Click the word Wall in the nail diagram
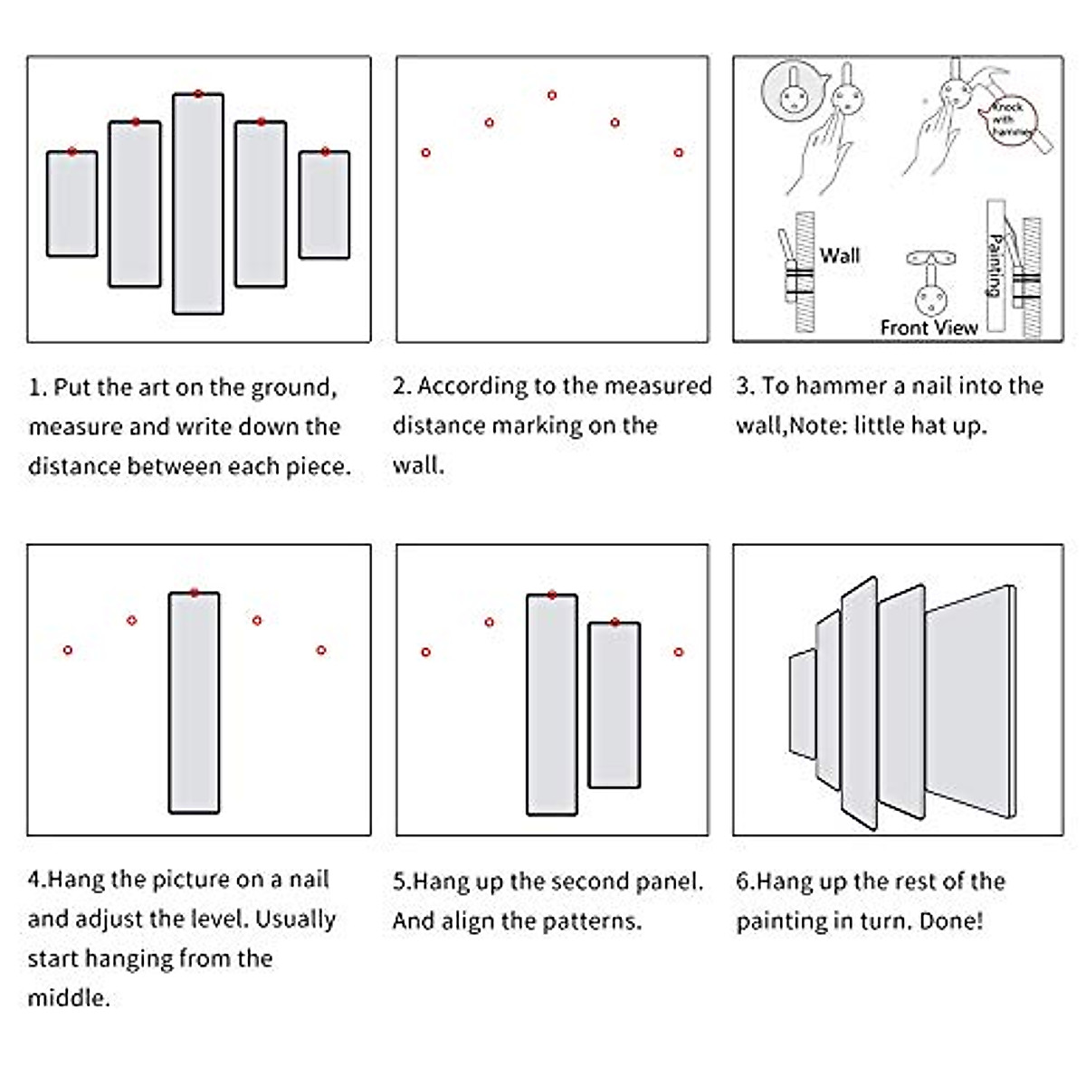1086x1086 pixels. (x=839, y=255)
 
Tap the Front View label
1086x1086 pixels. (x=929, y=328)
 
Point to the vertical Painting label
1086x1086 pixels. (x=995, y=265)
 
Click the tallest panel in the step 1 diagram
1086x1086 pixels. (x=198, y=204)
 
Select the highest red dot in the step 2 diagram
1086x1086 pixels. (x=552, y=95)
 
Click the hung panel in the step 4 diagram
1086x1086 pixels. (x=194, y=702)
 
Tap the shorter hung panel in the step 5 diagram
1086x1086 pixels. (x=614, y=705)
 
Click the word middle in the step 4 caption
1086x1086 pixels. (x=68, y=998)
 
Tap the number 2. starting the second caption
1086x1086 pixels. (x=402, y=386)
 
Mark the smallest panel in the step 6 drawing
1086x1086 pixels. (x=803, y=703)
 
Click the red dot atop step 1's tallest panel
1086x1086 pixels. (x=198, y=94)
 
